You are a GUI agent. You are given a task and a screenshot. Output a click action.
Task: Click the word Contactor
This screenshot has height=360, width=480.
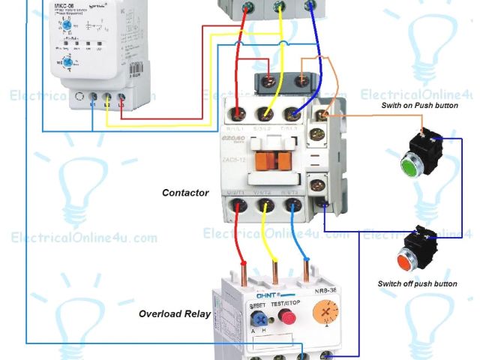[x=185, y=193]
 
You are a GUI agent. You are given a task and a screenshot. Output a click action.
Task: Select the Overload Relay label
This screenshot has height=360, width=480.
[x=175, y=313]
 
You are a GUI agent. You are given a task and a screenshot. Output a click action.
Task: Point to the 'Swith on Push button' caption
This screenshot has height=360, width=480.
[x=419, y=106]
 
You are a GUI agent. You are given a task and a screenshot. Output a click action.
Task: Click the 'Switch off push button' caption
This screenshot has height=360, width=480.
[x=418, y=284]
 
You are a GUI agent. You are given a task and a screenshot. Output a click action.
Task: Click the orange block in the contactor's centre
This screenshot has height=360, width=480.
[x=271, y=159]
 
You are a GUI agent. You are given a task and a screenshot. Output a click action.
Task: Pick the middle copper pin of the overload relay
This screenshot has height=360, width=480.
[x=274, y=269]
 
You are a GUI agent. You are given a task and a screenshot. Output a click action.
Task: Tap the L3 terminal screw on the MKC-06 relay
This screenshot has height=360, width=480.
[x=121, y=98]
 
